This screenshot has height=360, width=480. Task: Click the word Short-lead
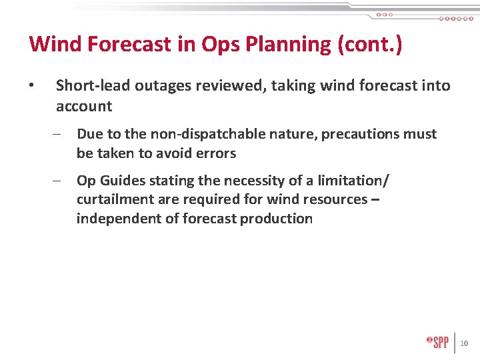click(x=93, y=85)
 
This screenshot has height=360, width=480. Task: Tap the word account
click(x=84, y=106)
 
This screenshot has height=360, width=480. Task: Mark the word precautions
click(x=361, y=134)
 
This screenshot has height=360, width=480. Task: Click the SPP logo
click(x=437, y=342)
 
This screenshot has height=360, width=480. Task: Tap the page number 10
click(x=465, y=343)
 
